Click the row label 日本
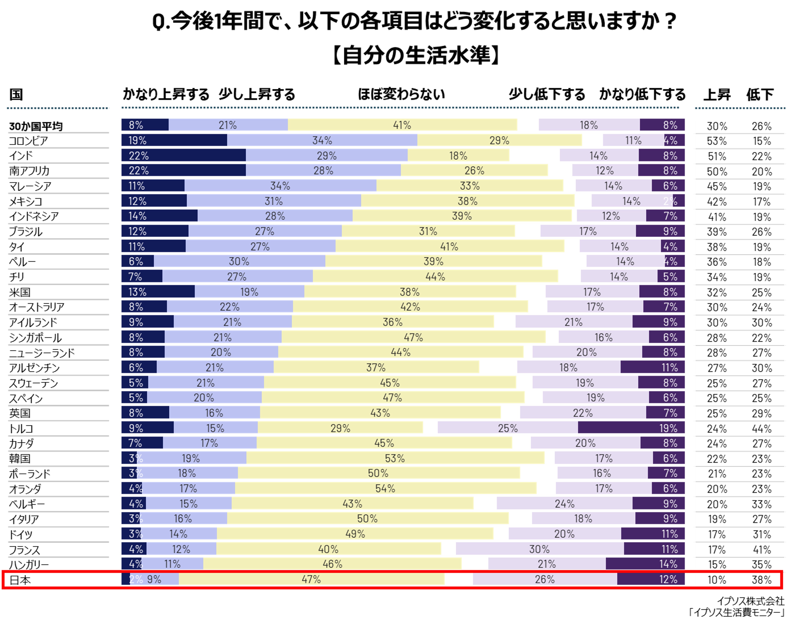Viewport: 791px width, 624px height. (20, 580)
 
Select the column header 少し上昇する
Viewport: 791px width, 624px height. (257, 94)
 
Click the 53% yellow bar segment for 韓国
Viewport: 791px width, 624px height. (395, 458)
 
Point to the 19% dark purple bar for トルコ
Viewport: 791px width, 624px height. (631, 428)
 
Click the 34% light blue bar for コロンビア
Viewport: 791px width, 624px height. (322, 140)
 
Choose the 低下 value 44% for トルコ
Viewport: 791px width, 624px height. (761, 428)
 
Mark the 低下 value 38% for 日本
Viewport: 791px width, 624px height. (761, 580)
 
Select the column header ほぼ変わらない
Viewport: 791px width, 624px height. (401, 94)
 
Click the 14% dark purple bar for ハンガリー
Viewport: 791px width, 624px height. (645, 564)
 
